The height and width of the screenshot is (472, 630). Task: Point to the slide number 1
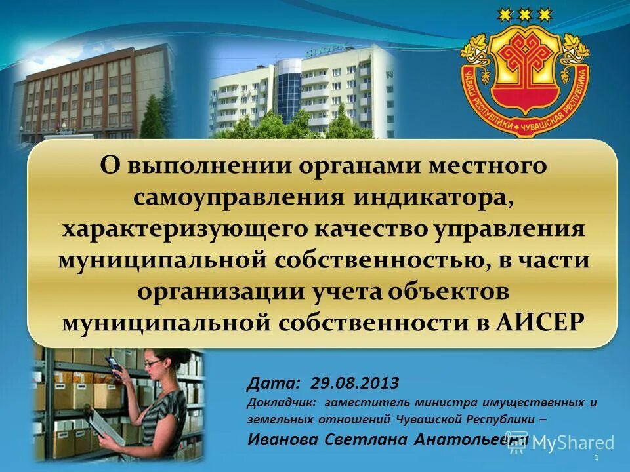point(595,456)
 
